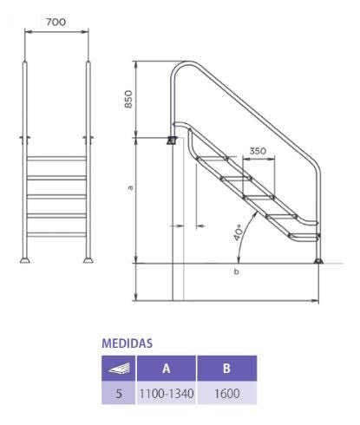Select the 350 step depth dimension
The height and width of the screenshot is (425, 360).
point(258,151)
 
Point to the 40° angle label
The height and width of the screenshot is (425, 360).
point(238,233)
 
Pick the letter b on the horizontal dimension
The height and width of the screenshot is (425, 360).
point(237,272)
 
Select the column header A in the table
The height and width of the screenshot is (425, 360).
point(166,367)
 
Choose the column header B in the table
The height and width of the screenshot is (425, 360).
point(226,367)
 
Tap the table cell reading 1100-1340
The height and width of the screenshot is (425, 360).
point(166,392)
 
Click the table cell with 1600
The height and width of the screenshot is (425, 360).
point(226,392)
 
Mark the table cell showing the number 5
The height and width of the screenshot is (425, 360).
point(119,392)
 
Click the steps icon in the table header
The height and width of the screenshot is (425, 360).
point(119,368)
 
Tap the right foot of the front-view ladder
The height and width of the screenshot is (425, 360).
point(88,258)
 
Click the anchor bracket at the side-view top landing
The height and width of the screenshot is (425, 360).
point(172,139)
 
